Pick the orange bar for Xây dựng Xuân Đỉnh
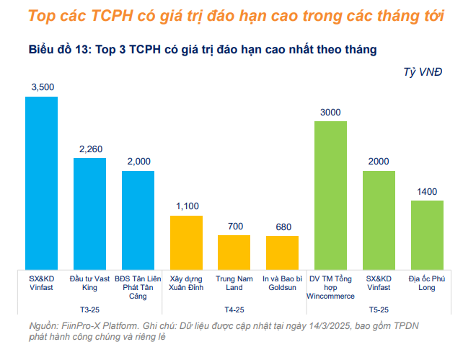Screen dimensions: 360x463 [x=186, y=242]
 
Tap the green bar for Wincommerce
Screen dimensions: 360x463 [x=330, y=195]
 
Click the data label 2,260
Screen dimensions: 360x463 [x=90, y=149]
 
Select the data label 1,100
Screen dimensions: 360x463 [x=186, y=207]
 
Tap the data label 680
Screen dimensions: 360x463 [x=282, y=227]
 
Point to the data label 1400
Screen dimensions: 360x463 [x=427, y=191]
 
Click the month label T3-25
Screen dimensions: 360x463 [x=90, y=309]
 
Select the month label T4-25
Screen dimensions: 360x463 [x=234, y=309]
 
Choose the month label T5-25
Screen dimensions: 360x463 [x=379, y=309]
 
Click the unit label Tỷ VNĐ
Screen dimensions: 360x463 [x=423, y=71]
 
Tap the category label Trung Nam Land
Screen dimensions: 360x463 [x=234, y=282]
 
